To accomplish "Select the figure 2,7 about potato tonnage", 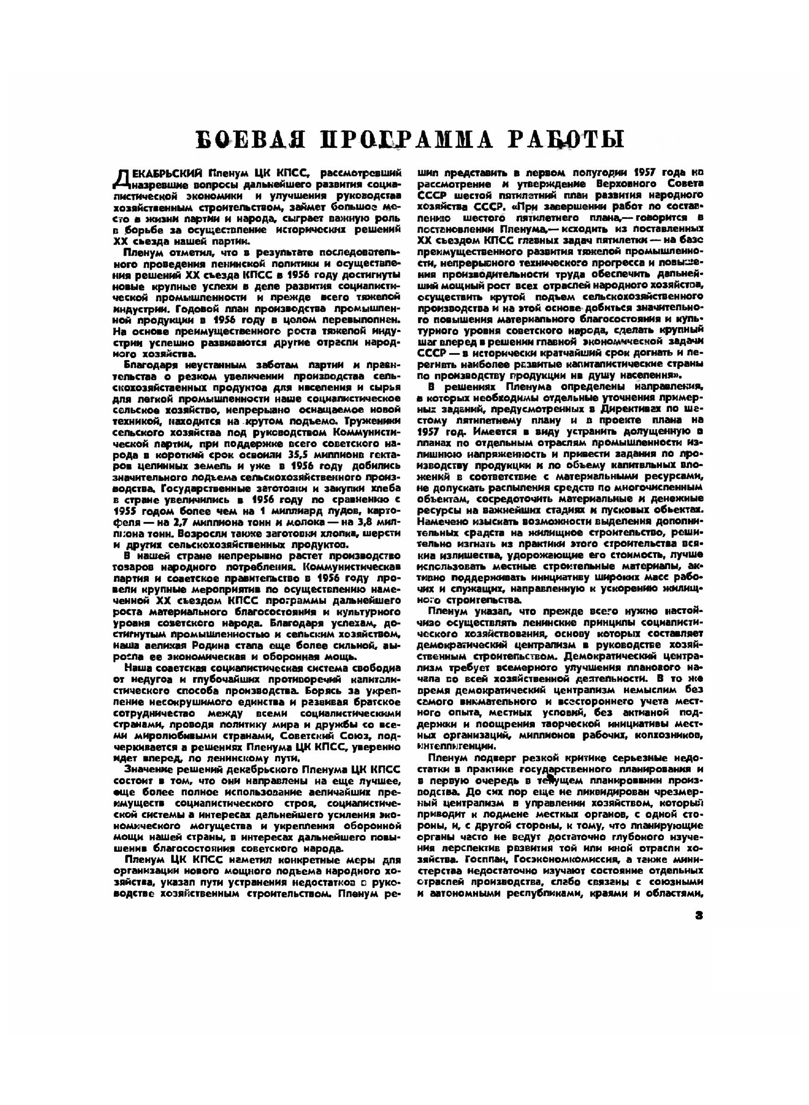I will coord(238,522).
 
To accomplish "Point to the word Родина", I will coord(260,646).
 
